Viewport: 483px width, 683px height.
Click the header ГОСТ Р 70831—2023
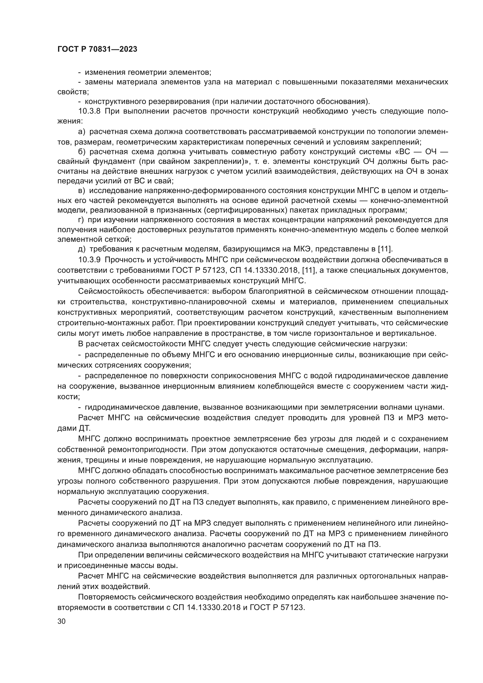[x=97, y=49]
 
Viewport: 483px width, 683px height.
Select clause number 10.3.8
[x=90, y=112]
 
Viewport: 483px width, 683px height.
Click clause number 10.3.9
[x=90, y=260]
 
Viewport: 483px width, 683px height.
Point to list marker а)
[x=81, y=131]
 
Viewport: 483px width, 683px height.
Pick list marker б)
[x=81, y=152]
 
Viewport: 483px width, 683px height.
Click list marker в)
[x=81, y=190]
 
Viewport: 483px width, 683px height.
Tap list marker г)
[x=81, y=220]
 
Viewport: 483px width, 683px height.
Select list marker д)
[x=81, y=249]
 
